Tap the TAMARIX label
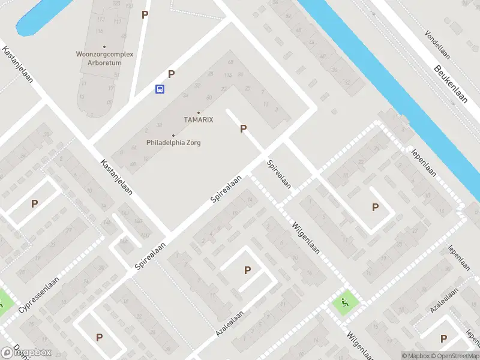199,120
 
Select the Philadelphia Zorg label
173,143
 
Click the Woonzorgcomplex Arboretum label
104,58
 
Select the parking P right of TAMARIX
243,128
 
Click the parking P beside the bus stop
172,74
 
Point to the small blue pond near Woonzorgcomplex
36,18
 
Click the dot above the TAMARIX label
199,113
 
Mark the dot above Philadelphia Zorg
173,136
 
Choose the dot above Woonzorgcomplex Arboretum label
104,46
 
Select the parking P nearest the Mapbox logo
99,337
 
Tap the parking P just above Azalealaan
247,271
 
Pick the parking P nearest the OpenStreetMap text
444,339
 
